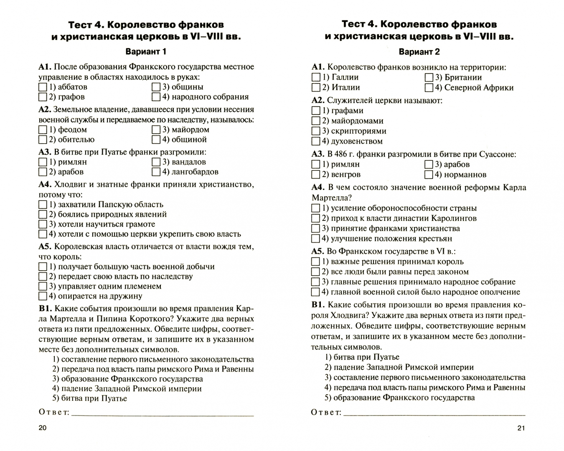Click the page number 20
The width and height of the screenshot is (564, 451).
(x=43, y=428)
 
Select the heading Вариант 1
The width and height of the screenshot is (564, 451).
(x=146, y=52)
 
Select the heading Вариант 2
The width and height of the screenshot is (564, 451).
(x=419, y=52)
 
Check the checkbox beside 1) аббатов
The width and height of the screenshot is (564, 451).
(x=43, y=87)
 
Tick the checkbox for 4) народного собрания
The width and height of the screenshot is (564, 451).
(x=156, y=97)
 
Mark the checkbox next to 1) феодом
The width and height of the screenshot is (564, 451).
(x=43, y=130)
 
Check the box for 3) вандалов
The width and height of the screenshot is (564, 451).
(x=156, y=162)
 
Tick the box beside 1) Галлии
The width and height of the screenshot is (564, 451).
(x=316, y=78)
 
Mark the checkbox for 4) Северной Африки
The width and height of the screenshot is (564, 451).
(x=429, y=88)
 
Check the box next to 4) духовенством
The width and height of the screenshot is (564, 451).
(x=316, y=142)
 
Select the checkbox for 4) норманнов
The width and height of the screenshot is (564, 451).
(x=429, y=175)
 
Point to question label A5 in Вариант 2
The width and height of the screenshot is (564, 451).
(x=318, y=251)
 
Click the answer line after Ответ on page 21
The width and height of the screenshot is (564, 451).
(x=434, y=414)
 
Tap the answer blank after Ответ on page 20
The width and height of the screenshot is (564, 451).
(x=163, y=414)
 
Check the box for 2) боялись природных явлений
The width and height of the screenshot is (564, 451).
(x=43, y=215)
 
